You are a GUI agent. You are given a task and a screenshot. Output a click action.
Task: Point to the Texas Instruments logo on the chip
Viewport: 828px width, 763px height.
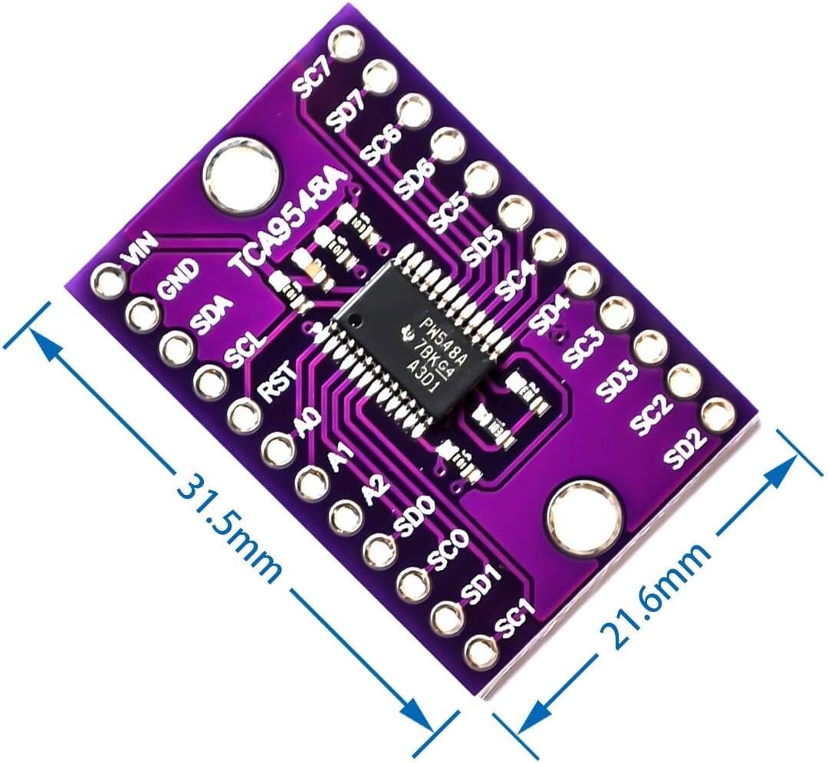tap(408, 332)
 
